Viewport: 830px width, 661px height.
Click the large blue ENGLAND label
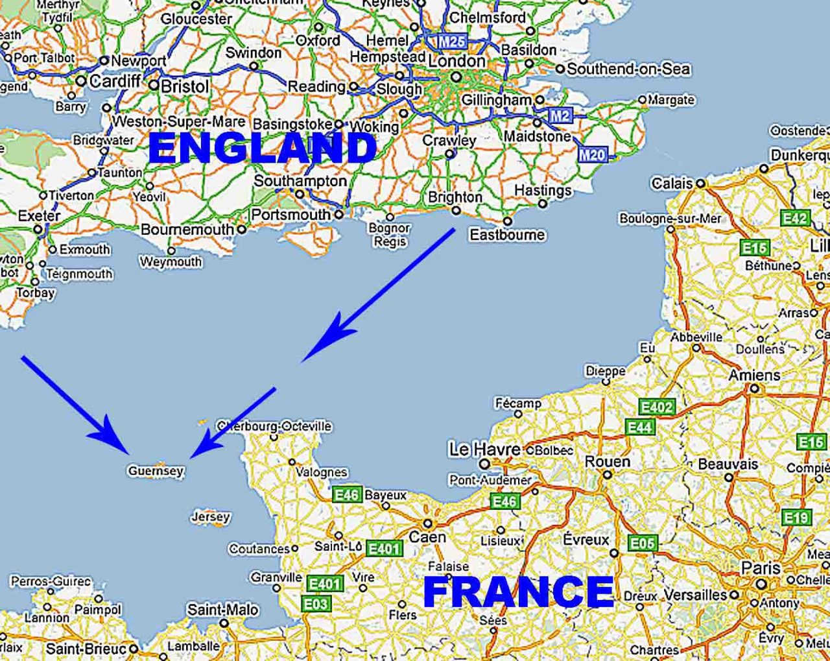tap(262, 149)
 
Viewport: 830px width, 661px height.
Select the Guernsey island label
tap(156, 471)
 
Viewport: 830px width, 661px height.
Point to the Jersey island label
tap(210, 517)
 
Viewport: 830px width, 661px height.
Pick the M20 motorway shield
tap(592, 154)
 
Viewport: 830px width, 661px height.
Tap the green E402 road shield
tap(656, 407)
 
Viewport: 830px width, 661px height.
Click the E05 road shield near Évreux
tap(642, 542)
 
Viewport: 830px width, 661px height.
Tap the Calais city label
tap(672, 184)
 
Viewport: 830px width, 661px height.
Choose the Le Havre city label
tap(485, 449)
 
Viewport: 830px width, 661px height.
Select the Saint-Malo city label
tap(222, 610)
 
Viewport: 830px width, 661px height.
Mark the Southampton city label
tap(300, 181)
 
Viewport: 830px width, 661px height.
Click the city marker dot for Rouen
tap(607, 475)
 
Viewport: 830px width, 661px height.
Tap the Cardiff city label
tap(114, 81)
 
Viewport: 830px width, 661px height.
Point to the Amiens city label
tap(754, 375)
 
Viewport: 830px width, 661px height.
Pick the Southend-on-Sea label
tap(628, 69)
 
